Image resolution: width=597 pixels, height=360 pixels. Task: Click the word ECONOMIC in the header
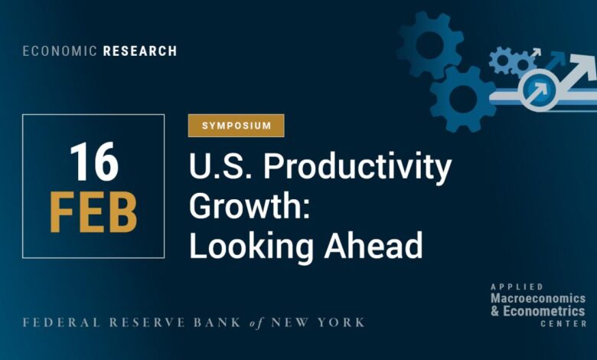point(60,51)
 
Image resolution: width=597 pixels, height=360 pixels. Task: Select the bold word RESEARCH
point(140,51)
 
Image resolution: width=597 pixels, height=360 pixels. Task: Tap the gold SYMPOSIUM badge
point(236,126)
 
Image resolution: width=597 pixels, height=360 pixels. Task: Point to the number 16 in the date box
point(94,162)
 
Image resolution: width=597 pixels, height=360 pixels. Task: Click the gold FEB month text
point(93,212)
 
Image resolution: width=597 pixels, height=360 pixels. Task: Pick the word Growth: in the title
point(250,206)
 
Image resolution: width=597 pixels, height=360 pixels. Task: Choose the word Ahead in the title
point(374,244)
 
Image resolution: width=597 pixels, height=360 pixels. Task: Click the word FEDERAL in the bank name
point(61,322)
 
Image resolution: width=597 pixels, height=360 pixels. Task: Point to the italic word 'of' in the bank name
point(256,323)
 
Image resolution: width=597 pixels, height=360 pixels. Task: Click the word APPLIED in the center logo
point(517,286)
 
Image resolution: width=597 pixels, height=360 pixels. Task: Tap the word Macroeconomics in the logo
point(538,298)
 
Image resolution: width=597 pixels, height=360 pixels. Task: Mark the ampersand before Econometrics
point(495,311)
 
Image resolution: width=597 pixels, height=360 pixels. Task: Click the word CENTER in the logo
point(564,324)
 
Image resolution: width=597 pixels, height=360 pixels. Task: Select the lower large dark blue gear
point(463,99)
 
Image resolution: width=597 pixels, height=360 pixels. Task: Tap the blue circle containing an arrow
point(539,90)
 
